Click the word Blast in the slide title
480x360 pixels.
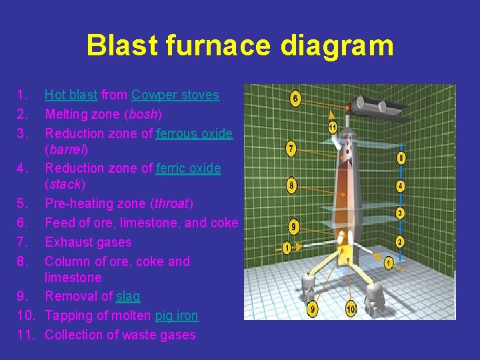coord(119,46)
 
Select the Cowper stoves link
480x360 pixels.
coord(175,95)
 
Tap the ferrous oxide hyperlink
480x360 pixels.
coord(194,133)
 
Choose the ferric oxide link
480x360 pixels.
coord(188,168)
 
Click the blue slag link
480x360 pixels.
coord(128,296)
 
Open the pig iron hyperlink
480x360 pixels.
coord(177,315)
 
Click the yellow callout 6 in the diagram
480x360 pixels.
coord(295,99)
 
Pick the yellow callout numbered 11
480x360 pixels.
coord(333,127)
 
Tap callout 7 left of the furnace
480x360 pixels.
coord(291,148)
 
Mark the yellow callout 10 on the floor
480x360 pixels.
coord(351,309)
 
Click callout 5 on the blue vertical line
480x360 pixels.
coord(400,158)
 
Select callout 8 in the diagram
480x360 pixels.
coord(291,185)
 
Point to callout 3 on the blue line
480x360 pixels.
coord(399,213)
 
